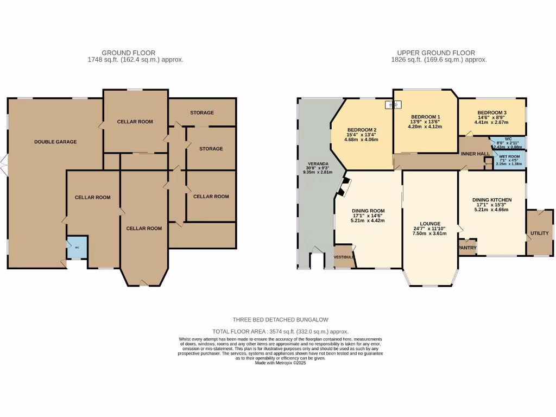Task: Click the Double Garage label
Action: coord(55,142)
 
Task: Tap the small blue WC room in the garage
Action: coord(77,248)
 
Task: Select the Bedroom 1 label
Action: coord(425,117)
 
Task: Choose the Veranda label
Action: coord(315,163)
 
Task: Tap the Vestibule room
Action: coord(344,256)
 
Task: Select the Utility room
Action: coord(539,233)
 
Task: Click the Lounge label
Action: coord(429,223)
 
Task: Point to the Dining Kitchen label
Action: coord(492,200)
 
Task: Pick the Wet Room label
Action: coord(509,156)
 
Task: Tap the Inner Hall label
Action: coord(475,154)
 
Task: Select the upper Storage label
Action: coord(202,113)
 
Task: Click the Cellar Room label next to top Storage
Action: coord(135,122)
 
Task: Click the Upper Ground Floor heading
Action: coord(436,53)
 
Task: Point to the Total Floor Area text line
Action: coord(280,331)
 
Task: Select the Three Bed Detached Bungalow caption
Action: coord(280,320)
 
